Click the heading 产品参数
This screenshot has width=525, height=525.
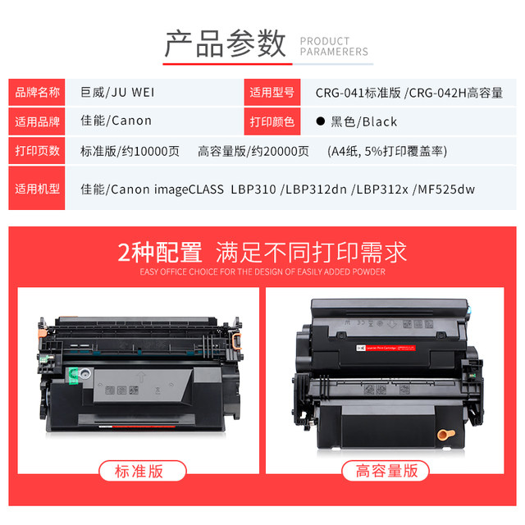click(224, 43)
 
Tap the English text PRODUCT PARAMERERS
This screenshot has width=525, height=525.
click(334, 46)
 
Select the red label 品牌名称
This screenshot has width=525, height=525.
click(37, 93)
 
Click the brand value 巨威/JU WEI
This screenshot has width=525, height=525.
click(117, 92)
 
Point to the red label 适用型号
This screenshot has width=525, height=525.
click(272, 93)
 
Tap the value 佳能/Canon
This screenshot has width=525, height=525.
click(116, 121)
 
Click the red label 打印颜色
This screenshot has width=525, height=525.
click(272, 121)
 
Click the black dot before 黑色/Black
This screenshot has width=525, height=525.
click(321, 121)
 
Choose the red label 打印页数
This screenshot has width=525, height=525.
click(37, 150)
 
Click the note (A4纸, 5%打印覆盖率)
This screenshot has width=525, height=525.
click(386, 150)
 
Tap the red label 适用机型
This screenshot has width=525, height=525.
click(37, 189)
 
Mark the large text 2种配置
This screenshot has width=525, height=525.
click(158, 250)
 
